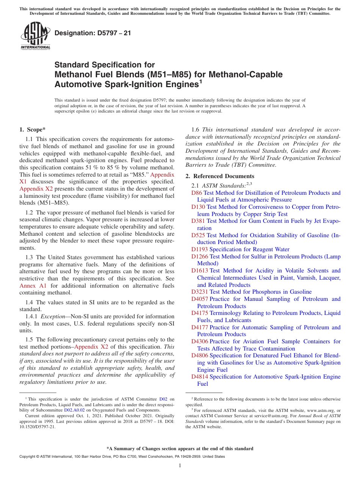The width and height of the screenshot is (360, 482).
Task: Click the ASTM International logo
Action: tap(35, 36)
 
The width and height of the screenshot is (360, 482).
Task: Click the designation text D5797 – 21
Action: tap(93, 33)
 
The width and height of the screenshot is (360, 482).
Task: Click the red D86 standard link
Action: tap(197, 193)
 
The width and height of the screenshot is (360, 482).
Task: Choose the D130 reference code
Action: tap(198, 207)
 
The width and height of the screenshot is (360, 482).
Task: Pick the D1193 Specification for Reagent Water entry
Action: tap(240, 249)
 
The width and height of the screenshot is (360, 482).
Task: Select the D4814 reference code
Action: tap(200, 377)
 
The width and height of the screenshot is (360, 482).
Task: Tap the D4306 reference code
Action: tap(200, 341)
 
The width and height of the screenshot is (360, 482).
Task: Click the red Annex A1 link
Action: tap(33, 286)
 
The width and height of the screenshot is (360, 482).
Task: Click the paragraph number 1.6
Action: tap(196, 130)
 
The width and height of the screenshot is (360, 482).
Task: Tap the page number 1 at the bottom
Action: tap(180, 466)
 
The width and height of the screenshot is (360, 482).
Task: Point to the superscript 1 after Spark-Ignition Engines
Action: tap(201, 81)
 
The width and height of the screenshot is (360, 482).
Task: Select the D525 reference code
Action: tap(198, 235)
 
